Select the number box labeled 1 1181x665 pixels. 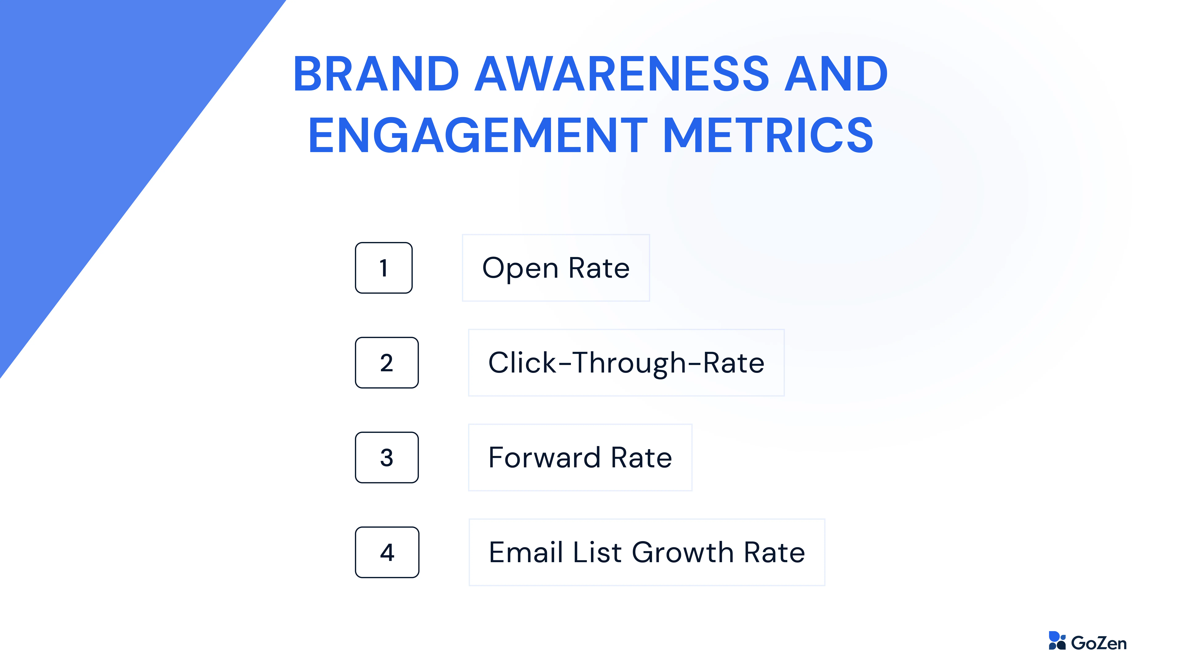(384, 268)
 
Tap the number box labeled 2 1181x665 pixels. (386, 363)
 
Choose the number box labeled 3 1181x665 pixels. (386, 457)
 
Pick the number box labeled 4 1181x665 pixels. (387, 552)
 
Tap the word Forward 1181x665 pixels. (544, 457)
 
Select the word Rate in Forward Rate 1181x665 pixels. (641, 457)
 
